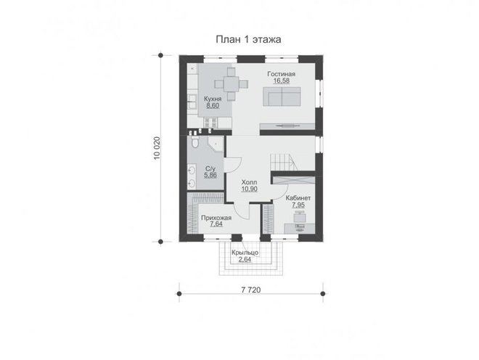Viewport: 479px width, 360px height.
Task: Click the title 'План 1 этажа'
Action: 248,39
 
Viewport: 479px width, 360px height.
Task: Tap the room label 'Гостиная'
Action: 282,74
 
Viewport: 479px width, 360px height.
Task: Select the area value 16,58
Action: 282,81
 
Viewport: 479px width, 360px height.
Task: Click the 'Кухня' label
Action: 213,99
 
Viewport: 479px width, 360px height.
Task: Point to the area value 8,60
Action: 213,106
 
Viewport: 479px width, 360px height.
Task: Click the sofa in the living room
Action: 282,97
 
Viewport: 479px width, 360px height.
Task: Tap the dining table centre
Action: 232,83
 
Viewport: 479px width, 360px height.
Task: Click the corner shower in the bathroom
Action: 216,144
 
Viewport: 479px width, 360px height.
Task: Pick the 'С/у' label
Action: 210,168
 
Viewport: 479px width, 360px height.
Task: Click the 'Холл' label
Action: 249,182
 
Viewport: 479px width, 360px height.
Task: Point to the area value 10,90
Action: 249,189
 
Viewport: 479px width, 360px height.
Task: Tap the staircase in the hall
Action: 284,162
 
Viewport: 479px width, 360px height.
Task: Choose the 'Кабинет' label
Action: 298,198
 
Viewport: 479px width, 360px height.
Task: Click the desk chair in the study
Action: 299,218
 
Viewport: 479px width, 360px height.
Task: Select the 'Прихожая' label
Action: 216,218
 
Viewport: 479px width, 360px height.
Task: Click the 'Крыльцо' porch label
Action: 245,253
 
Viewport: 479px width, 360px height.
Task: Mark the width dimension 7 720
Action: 251,290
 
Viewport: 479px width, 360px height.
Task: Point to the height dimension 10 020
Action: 157,148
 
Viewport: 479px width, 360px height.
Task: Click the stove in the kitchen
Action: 210,123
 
